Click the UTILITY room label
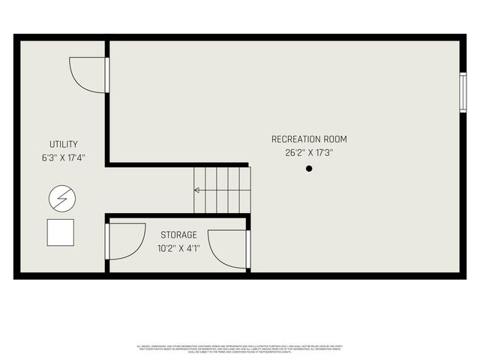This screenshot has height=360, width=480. (x=64, y=144)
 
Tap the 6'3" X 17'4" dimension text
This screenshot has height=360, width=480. (x=64, y=157)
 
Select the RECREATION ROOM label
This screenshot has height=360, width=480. (x=309, y=139)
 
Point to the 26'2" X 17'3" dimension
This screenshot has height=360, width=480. (x=309, y=152)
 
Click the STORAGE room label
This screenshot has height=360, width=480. (x=178, y=235)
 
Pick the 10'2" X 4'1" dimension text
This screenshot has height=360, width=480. (x=178, y=248)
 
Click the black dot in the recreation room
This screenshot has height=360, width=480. (x=308, y=169)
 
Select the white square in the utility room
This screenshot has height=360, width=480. (x=60, y=232)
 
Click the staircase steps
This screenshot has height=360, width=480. (x=223, y=190)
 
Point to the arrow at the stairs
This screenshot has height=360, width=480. (x=196, y=190)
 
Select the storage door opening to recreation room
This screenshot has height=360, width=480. (x=229, y=249)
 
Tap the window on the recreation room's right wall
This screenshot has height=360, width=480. (x=463, y=92)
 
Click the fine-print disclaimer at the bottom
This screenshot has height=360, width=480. (x=240, y=349)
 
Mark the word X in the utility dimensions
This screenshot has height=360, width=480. (x=63, y=157)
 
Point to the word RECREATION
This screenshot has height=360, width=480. (x=295, y=139)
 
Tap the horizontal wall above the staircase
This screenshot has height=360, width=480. (x=178, y=164)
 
